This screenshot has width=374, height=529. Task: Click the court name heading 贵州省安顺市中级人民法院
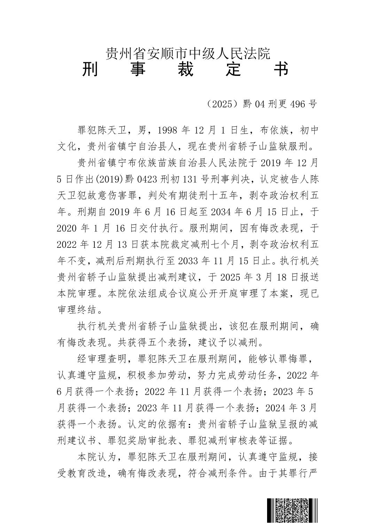(x=188, y=54)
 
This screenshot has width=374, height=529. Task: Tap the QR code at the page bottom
(x=292, y=511)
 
